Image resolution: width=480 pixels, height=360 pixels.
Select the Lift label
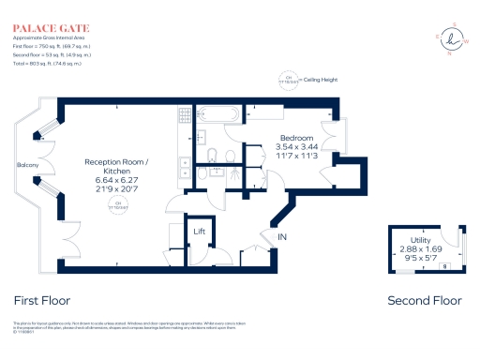pos(200,231)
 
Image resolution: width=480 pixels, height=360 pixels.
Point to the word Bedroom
pos(296,138)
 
